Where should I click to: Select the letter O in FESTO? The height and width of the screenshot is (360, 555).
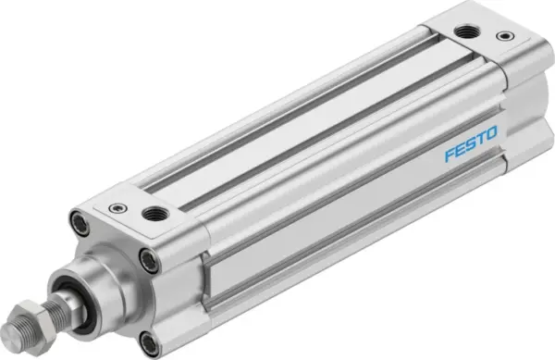tap(490, 138)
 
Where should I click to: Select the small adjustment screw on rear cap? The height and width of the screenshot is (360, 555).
tap(504, 36)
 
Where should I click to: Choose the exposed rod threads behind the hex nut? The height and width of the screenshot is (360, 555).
tap(65, 304)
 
